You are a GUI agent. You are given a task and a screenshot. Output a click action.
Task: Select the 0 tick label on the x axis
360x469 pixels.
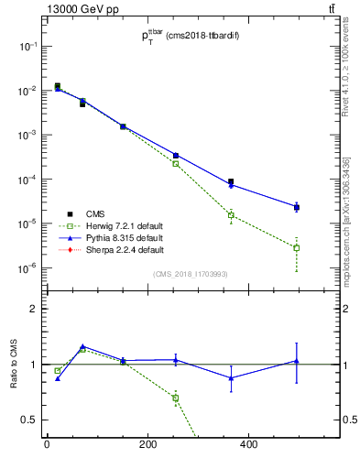pyautogui.click(x=47, y=445)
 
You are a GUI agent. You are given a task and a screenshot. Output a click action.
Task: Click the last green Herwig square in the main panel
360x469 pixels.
pyautogui.click(x=297, y=247)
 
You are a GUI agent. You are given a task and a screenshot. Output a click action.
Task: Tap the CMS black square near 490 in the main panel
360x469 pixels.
pyautogui.click(x=297, y=207)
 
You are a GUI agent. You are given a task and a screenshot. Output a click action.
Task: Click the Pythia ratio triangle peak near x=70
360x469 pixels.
pyautogui.click(x=82, y=346)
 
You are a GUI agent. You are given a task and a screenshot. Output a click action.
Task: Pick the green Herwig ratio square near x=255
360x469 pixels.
pyautogui.click(x=176, y=398)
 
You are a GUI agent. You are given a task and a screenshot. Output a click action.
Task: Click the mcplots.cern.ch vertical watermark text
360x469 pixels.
pyautogui.click(x=349, y=211)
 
